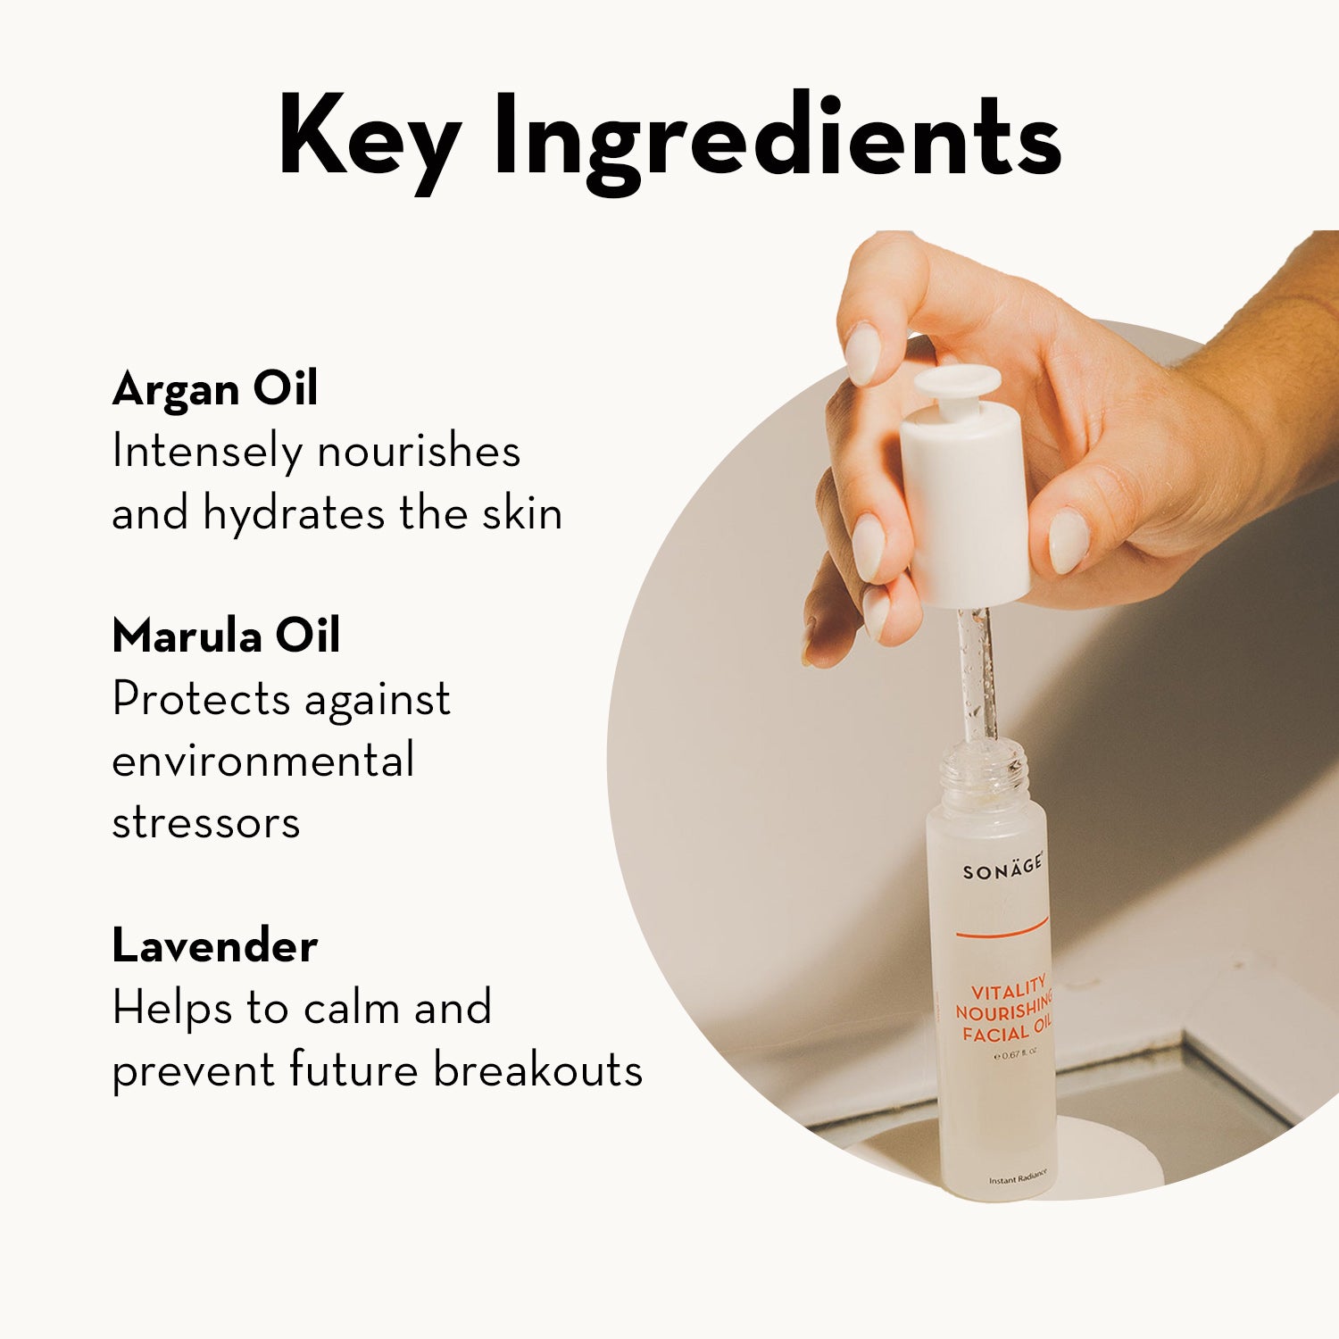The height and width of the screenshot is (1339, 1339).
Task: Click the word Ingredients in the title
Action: click(778, 140)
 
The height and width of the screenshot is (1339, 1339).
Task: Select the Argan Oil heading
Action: click(215, 389)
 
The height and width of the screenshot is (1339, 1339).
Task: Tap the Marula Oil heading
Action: click(226, 636)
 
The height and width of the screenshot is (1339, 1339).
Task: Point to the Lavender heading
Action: click(214, 946)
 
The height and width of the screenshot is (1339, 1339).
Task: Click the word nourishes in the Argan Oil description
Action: click(419, 452)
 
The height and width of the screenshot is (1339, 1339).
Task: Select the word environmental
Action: click(263, 761)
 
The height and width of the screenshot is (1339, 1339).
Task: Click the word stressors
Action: click(206, 823)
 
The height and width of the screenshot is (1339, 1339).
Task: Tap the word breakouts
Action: click(538, 1069)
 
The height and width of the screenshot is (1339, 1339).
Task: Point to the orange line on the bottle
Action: click(1002, 929)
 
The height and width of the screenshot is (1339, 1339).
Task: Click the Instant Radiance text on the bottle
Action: click(1017, 1178)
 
